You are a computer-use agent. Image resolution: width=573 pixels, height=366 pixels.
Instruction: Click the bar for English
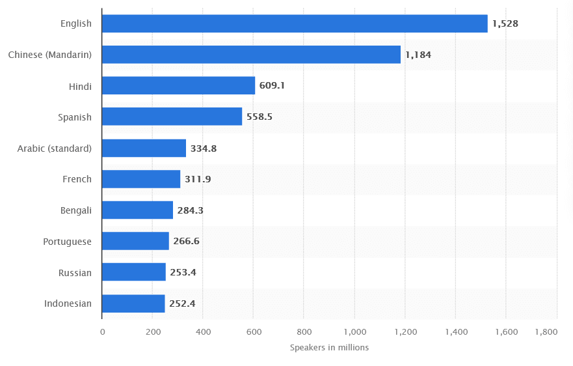click(x=295, y=23)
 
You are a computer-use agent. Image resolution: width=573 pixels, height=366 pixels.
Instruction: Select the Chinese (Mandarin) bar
click(x=251, y=55)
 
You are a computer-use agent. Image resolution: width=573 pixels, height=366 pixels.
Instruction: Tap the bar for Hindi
click(x=178, y=86)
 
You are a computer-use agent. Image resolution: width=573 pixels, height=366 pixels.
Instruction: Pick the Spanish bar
click(x=172, y=117)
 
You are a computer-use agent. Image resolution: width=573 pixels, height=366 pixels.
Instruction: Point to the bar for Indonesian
click(x=133, y=303)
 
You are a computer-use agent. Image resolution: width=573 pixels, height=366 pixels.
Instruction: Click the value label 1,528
click(x=505, y=23)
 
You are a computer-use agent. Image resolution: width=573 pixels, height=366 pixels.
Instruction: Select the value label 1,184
click(x=418, y=55)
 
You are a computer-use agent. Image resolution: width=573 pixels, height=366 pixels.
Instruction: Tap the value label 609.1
click(x=273, y=86)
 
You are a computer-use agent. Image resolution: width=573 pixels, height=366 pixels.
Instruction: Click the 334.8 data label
click(x=204, y=148)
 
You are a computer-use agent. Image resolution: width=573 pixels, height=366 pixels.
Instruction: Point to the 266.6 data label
click(x=186, y=242)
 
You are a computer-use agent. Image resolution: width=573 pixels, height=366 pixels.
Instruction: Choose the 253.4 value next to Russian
click(x=183, y=272)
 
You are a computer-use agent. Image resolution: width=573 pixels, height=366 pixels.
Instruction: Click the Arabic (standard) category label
click(x=55, y=148)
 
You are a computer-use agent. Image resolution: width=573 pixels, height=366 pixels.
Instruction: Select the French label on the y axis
click(x=77, y=179)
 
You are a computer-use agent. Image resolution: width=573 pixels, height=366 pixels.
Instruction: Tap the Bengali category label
click(x=75, y=210)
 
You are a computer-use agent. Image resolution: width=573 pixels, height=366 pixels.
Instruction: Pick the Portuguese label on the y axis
click(x=68, y=242)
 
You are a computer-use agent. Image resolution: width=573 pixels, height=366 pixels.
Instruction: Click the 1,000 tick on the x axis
click(x=354, y=332)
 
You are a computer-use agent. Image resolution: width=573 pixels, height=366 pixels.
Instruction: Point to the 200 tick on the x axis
click(x=152, y=332)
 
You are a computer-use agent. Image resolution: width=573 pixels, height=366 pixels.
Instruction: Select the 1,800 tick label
click(x=546, y=332)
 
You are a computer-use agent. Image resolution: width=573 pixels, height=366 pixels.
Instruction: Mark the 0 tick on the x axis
click(x=102, y=332)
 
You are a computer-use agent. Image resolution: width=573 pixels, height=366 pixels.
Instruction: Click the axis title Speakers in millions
click(x=329, y=348)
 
